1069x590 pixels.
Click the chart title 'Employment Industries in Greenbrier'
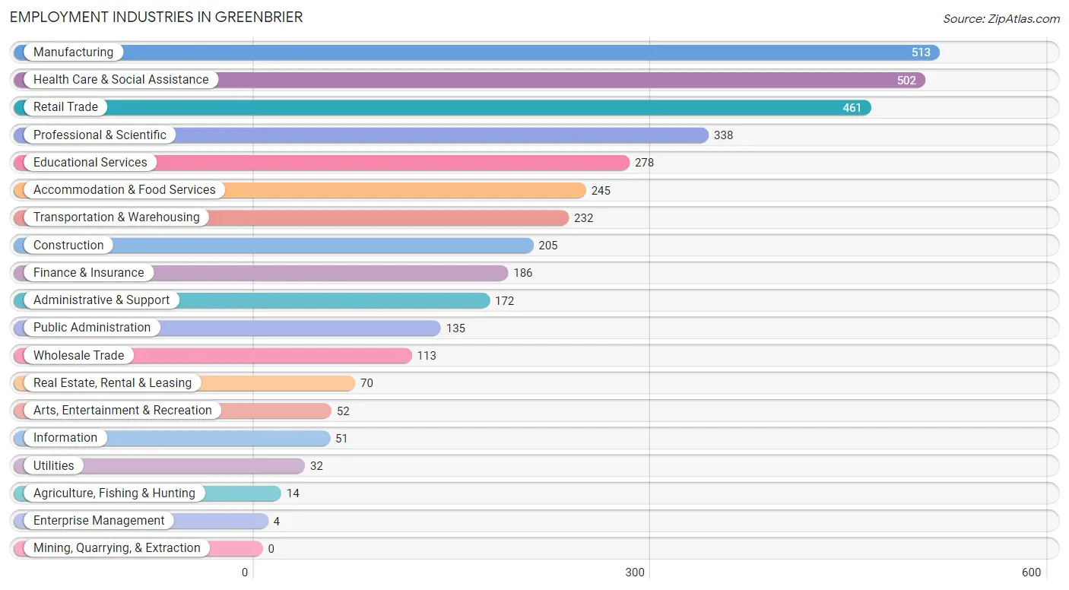pyautogui.click(x=156, y=17)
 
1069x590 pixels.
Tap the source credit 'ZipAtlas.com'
pyautogui.click(x=1023, y=18)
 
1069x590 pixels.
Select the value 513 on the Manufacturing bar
pyautogui.click(x=921, y=52)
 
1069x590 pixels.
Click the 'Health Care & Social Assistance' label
pyautogui.click(x=121, y=79)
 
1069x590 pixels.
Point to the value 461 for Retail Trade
pyautogui.click(x=852, y=107)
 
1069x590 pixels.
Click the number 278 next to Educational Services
pyautogui.click(x=644, y=163)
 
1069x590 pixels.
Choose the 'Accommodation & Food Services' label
pyautogui.click(x=124, y=190)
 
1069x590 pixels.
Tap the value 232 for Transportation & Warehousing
pyautogui.click(x=583, y=217)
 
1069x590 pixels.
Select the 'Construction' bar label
pyautogui.click(x=68, y=245)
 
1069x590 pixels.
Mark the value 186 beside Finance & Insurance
pyautogui.click(x=522, y=272)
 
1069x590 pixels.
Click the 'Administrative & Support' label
pyautogui.click(x=101, y=300)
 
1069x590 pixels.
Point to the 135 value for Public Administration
pyautogui.click(x=455, y=328)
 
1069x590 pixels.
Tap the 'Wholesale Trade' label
pyautogui.click(x=78, y=355)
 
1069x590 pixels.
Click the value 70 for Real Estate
pyautogui.click(x=366, y=383)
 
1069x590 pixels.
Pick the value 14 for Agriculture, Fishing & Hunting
pyautogui.click(x=293, y=493)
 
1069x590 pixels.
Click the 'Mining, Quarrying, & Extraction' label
pyautogui.click(x=116, y=548)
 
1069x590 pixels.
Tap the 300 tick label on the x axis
pyautogui.click(x=635, y=573)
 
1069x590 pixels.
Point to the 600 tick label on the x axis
pyautogui.click(x=1031, y=573)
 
